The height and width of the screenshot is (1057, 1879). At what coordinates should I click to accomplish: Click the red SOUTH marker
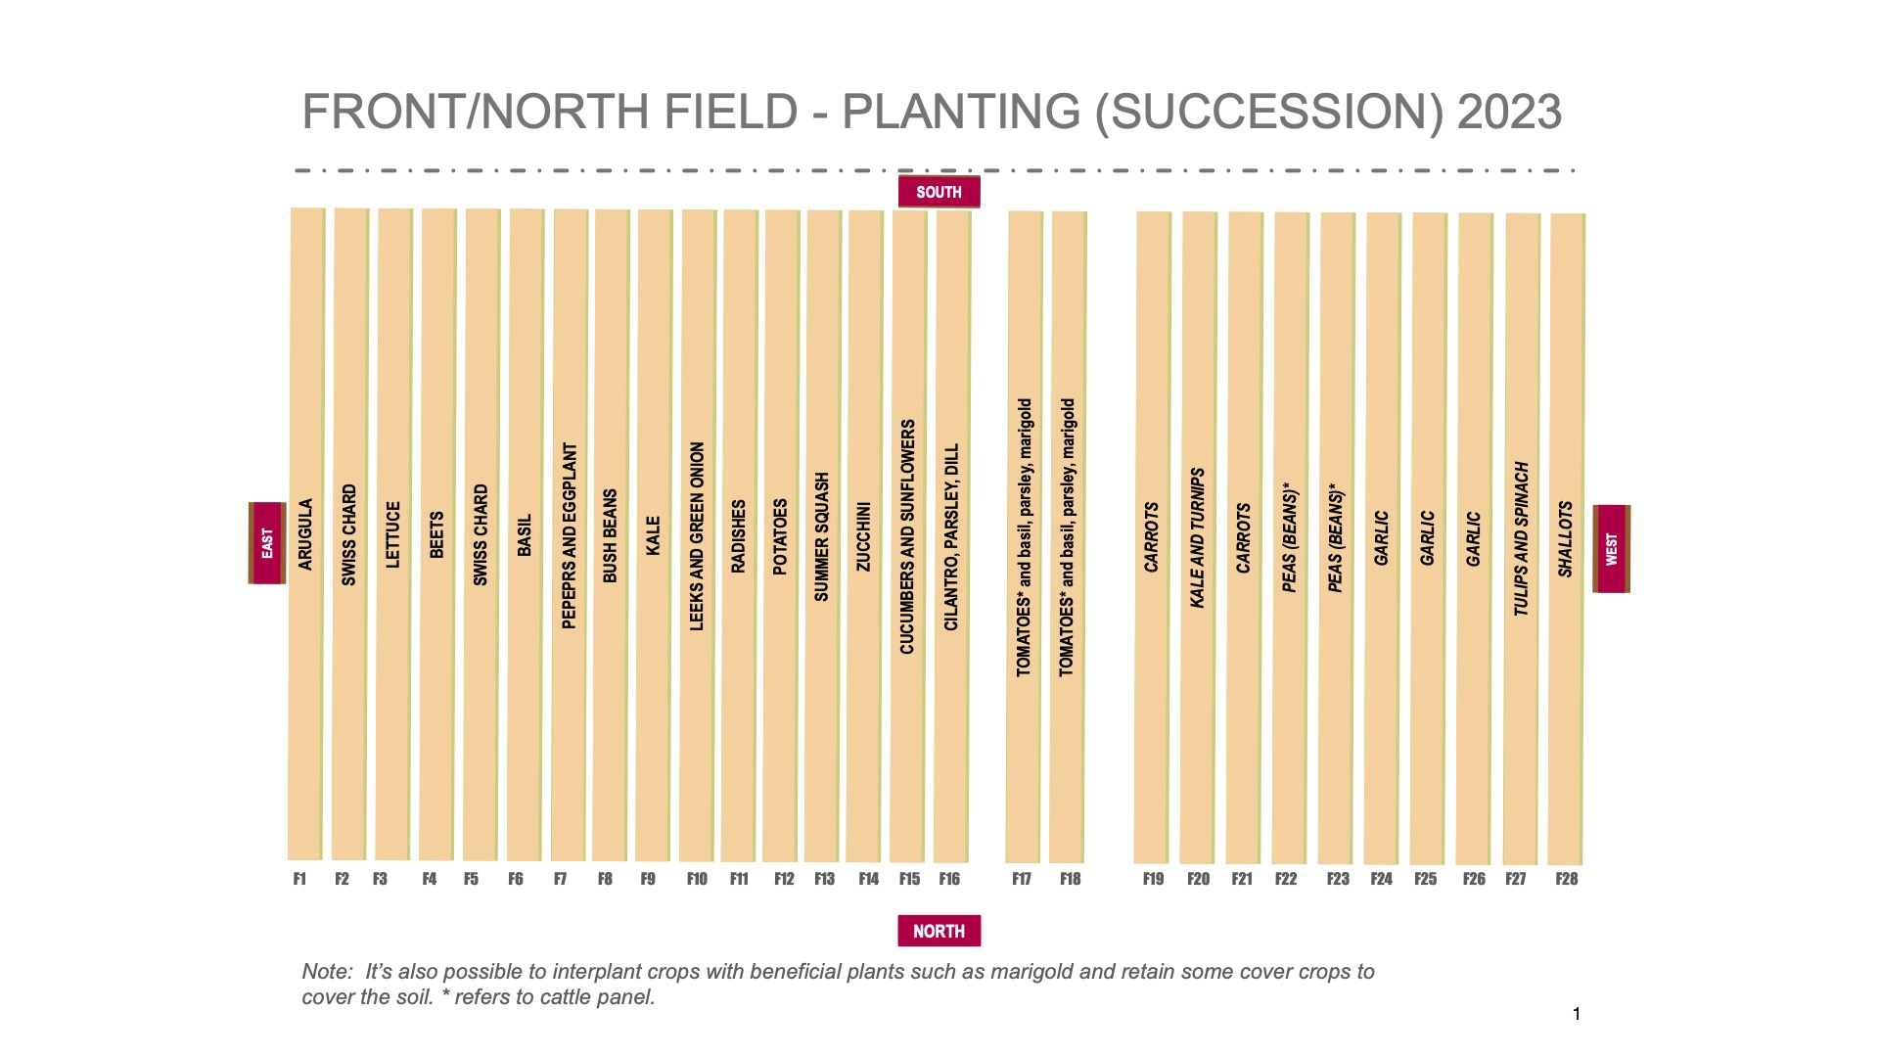coord(939,192)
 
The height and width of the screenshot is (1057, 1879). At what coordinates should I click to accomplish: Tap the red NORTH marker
coord(939,931)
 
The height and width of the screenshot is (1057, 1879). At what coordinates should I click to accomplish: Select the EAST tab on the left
coord(267,543)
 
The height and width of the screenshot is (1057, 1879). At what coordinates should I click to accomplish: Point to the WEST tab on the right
coord(1612,548)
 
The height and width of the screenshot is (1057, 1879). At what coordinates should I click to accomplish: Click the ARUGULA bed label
coord(305,534)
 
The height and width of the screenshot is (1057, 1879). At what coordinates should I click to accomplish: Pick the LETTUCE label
coord(393,534)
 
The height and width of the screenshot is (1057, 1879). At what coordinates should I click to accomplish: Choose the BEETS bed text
coord(436,534)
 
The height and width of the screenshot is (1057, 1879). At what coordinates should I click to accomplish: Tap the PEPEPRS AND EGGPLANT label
coord(570,535)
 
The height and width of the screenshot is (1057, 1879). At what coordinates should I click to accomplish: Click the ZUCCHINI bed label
coord(863,536)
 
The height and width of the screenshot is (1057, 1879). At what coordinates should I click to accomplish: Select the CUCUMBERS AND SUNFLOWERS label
coord(907,536)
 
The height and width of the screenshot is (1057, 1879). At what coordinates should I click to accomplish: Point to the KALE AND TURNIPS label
coord(1197,537)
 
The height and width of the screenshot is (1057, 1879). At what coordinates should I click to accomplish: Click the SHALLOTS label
coord(1565,539)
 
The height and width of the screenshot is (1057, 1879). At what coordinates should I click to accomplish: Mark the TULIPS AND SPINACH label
coord(1521,539)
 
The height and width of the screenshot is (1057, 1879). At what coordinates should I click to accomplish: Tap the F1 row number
coord(299,879)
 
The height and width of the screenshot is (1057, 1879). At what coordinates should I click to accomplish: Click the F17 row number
coord(1022,879)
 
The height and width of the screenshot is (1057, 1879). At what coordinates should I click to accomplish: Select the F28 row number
coord(1566,879)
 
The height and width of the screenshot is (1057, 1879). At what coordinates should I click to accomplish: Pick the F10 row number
coord(697,879)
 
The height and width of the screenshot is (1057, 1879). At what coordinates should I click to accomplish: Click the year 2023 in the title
coord(1508,112)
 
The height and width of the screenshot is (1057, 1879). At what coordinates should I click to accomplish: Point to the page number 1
coord(1576,1014)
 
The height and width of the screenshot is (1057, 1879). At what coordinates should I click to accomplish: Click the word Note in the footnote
coord(327,972)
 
